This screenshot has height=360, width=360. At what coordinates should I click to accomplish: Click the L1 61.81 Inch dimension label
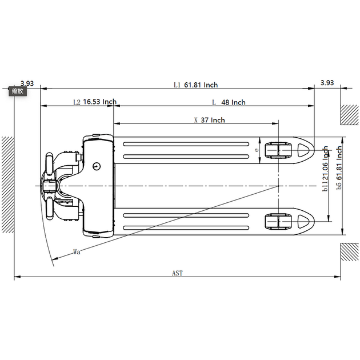tap(195, 85)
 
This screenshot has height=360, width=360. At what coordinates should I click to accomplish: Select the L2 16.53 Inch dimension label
tap(95, 102)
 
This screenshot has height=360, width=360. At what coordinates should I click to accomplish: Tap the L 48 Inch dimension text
tap(229, 102)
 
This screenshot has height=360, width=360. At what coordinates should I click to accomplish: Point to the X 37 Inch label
tap(209, 120)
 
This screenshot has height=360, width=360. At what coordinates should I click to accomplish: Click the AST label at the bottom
tap(178, 273)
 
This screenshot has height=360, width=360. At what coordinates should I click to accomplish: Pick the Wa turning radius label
tap(77, 251)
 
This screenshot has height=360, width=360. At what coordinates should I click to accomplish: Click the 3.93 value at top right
tap(327, 83)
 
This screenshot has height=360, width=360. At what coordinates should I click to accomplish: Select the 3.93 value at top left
tap(27, 83)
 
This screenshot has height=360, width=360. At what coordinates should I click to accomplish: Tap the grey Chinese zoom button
tap(18, 91)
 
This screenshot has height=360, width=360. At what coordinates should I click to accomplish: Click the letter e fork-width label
tap(257, 150)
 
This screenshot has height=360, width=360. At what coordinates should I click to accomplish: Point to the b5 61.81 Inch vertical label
tap(339, 168)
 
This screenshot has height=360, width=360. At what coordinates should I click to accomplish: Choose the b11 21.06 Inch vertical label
tap(325, 169)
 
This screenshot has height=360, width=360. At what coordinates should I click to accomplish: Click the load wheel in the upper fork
tap(278, 150)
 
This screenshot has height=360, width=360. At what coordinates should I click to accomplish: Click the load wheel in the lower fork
tap(278, 221)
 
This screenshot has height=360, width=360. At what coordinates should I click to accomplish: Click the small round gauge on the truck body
tap(97, 166)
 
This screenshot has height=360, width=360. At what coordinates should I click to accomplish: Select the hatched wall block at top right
tap(349, 115)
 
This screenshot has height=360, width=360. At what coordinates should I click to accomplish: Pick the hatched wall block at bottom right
tap(349, 252)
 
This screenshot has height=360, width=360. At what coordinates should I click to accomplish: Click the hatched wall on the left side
tap(8, 185)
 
